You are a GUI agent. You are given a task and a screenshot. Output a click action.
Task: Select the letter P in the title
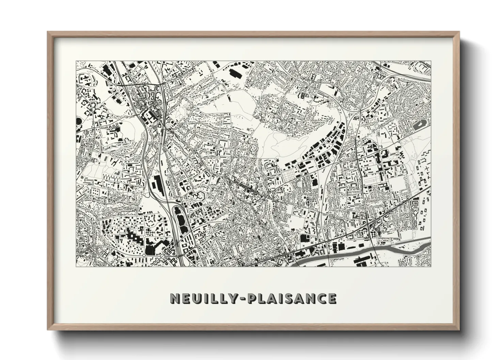pyautogui.click(x=252, y=298)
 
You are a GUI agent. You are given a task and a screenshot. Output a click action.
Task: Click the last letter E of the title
pyautogui.click(x=332, y=298)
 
